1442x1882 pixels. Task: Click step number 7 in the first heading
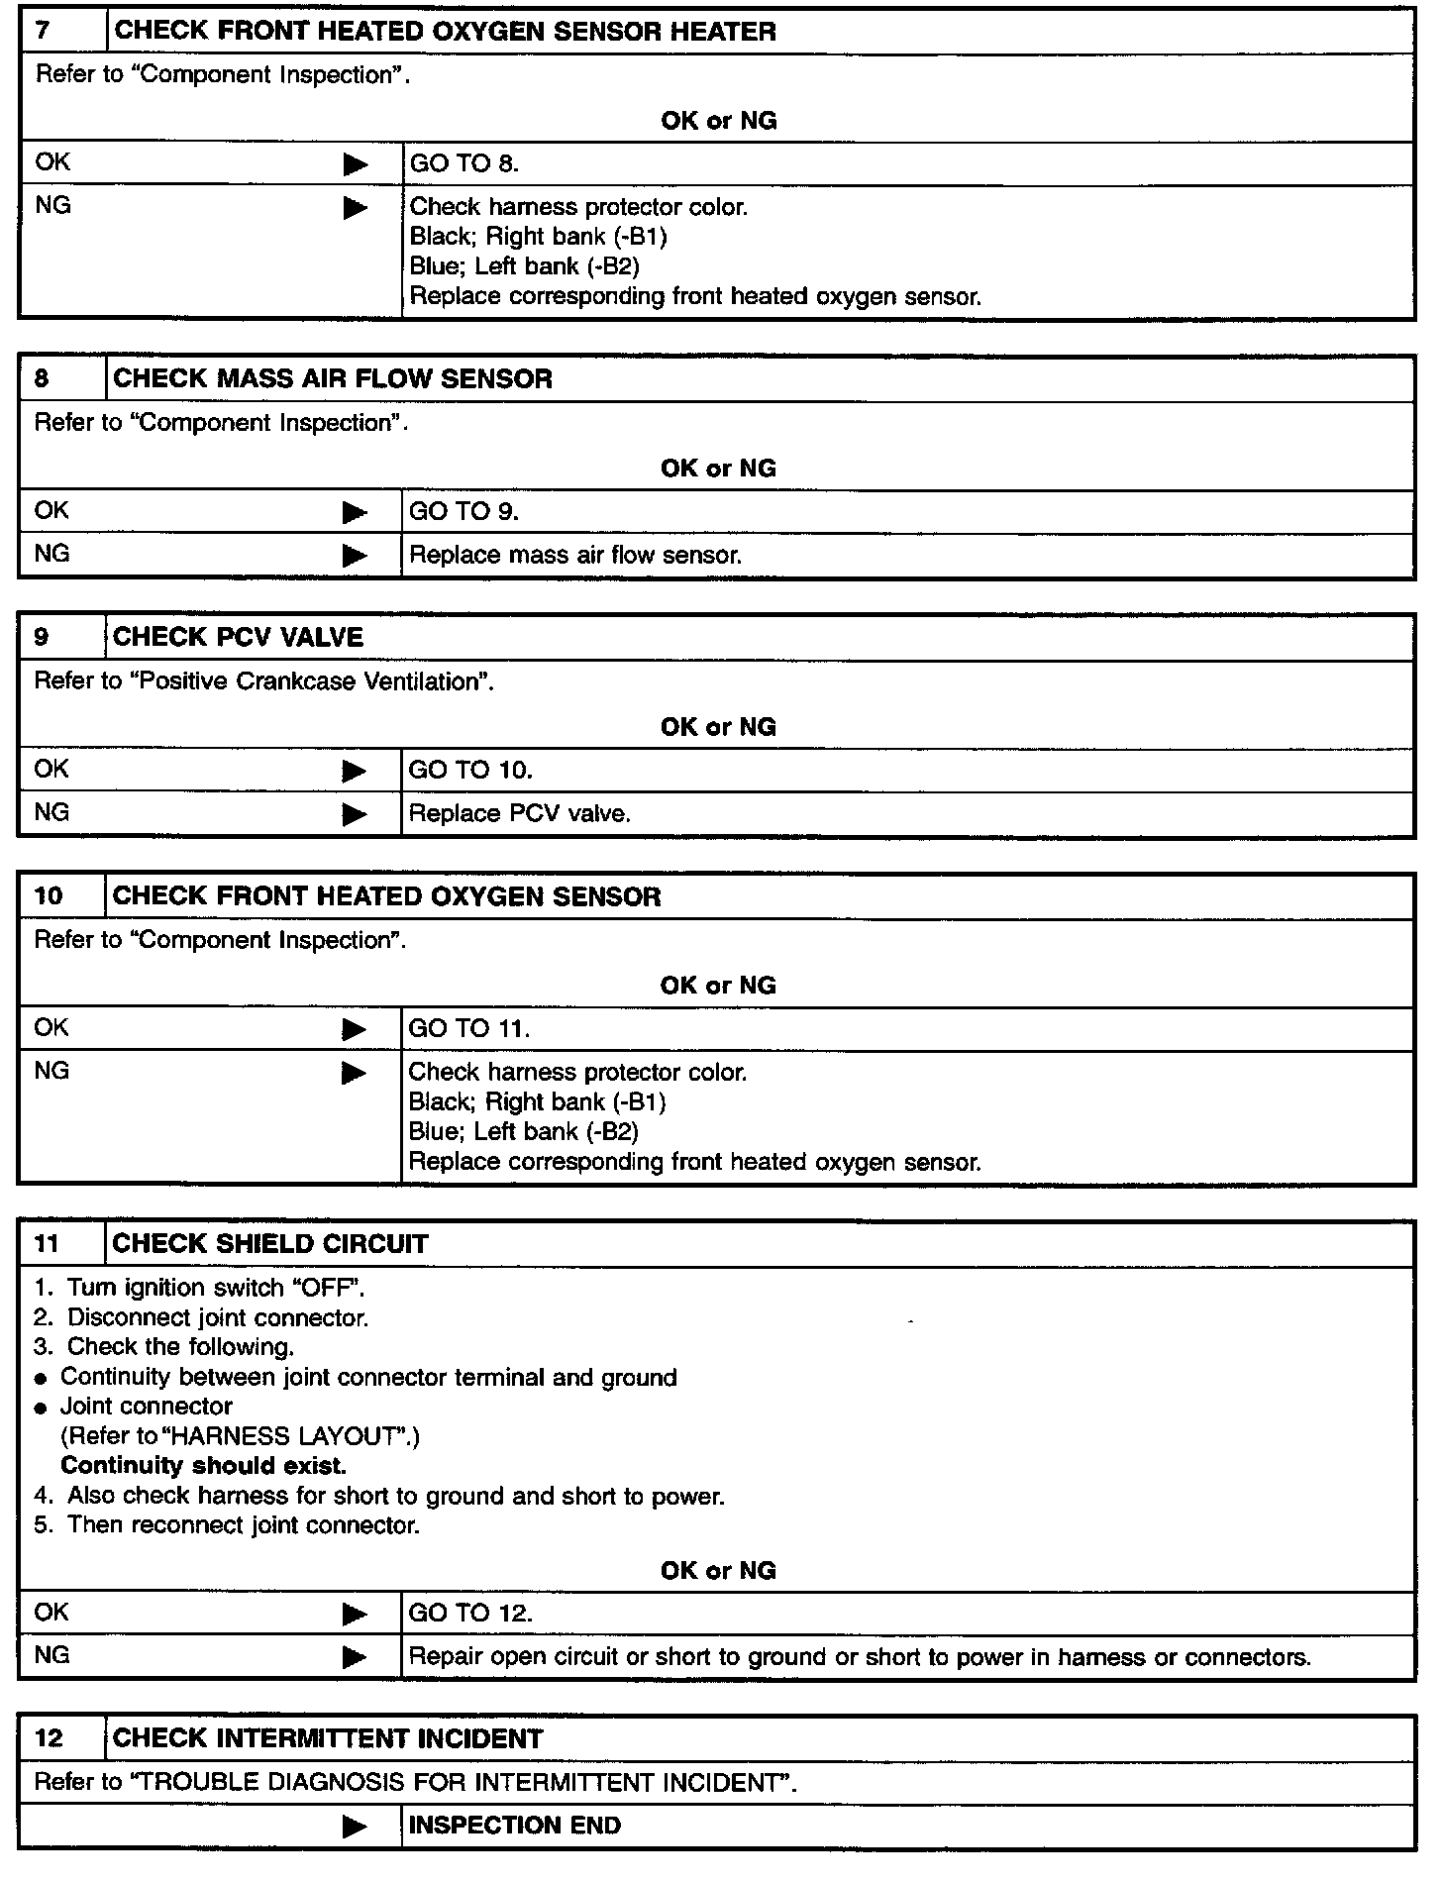[x=43, y=31]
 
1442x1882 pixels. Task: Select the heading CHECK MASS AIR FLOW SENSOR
[x=333, y=378]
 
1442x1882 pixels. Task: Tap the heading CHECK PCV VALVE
[x=238, y=637]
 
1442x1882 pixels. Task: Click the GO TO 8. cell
[x=463, y=163]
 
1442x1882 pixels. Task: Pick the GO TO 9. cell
[x=463, y=511]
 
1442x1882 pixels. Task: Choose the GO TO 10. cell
[x=470, y=770]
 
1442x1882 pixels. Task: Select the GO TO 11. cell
[x=469, y=1028]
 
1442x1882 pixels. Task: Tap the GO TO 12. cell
[x=470, y=1613]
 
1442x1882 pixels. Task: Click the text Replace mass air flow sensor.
[x=575, y=555]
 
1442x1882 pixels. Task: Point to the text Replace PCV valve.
[x=520, y=813]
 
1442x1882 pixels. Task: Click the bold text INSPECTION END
[x=514, y=1825]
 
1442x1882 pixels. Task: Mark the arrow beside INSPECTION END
[x=355, y=1827]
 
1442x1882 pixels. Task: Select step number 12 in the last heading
[x=49, y=1738]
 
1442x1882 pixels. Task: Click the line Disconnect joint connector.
[x=217, y=1317]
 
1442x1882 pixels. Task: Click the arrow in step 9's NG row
[x=355, y=814]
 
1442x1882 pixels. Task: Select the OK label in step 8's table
[x=51, y=510]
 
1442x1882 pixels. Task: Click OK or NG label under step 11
[x=718, y=1570]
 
